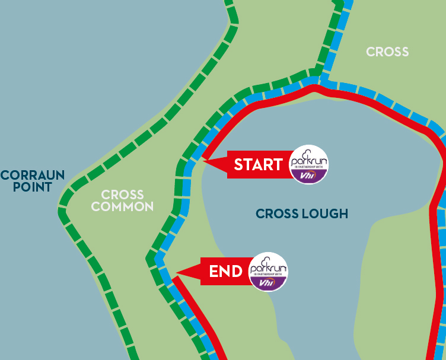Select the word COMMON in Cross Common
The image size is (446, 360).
[123, 207]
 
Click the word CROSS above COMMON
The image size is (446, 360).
[123, 195]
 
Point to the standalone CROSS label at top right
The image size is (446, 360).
[387, 52]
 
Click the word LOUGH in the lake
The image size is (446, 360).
[324, 214]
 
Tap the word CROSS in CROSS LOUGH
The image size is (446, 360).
[277, 214]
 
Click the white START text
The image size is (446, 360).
[258, 165]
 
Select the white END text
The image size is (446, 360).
[226, 272]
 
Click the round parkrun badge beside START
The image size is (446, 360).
[308, 164]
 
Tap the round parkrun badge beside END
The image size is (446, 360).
[269, 272]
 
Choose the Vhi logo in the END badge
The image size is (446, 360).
[269, 283]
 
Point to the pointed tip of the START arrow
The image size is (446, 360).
[204, 160]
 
